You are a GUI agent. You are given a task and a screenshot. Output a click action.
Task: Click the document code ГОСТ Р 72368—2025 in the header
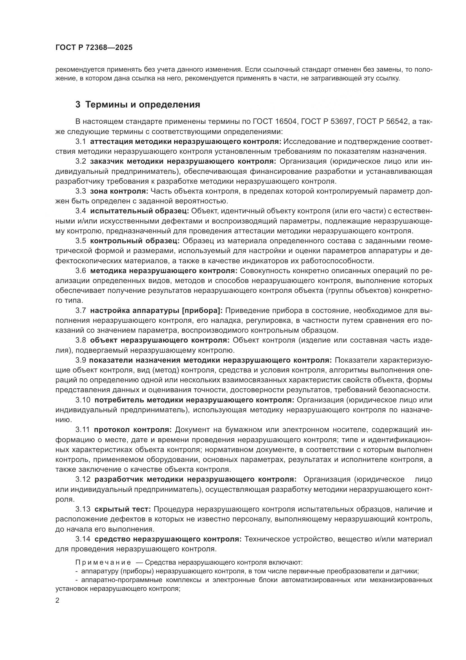[94, 48]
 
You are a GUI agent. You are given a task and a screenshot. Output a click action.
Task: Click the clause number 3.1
[81, 141]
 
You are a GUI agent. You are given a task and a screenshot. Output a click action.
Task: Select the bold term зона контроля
[119, 191]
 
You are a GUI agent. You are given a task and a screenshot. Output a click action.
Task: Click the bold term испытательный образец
[139, 211]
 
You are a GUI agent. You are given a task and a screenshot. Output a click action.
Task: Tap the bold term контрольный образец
[135, 241]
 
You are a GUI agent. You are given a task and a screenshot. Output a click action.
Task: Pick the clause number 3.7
[81, 310]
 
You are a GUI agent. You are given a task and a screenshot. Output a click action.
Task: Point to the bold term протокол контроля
[133, 430]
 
